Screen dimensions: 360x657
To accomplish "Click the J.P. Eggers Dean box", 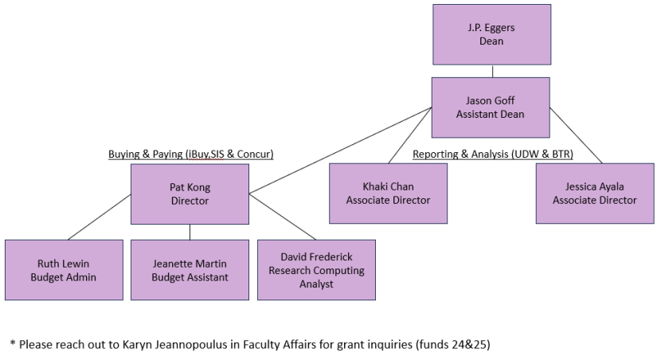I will (491, 34).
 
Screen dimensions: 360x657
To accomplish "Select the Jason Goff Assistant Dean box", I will (491, 107).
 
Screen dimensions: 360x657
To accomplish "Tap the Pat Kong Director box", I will (190, 194).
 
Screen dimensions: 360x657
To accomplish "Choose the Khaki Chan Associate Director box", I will (388, 194).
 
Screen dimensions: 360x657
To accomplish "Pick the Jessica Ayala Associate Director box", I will (595, 194).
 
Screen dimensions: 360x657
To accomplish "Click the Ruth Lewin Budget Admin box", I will (64, 270).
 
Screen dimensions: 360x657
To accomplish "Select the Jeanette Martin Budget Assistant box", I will (190, 270).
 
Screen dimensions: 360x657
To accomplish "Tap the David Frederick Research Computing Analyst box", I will (316, 270).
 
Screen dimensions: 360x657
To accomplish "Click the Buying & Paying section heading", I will (190, 154).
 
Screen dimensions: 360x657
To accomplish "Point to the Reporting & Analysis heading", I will (492, 154).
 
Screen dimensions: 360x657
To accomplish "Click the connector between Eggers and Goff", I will (491, 71).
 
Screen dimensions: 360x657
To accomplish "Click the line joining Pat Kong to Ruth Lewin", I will (100, 217).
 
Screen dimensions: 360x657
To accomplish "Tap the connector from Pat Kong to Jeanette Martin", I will (190, 232).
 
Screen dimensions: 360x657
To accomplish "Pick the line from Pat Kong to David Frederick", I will (283, 216).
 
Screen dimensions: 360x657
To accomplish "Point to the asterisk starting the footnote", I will (12, 343).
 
